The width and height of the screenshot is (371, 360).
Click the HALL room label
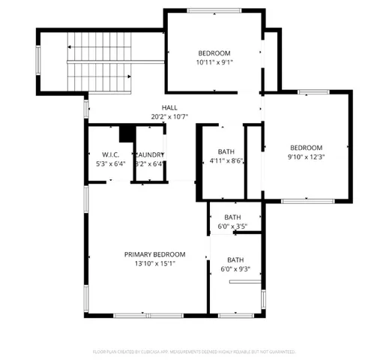coord(169,108)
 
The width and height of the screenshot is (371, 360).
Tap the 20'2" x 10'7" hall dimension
coord(169,117)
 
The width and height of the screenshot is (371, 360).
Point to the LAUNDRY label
coord(150,154)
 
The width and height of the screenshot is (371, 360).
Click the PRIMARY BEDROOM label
coord(154,254)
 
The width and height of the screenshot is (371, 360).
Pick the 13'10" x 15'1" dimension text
coord(154,263)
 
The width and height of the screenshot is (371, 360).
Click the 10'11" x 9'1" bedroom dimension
coord(214,62)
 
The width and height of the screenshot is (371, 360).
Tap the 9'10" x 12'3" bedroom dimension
coord(306,157)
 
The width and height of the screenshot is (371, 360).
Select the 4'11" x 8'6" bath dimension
coord(226,160)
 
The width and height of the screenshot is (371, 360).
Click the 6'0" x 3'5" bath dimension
coord(232,226)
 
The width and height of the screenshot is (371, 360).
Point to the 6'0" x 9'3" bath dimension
coord(236,268)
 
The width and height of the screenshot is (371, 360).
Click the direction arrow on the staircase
coord(70,46)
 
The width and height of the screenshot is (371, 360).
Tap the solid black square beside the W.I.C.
coord(126,133)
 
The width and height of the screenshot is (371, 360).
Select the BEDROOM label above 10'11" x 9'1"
coord(214,52)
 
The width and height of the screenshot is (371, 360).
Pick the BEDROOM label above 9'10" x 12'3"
coord(306,148)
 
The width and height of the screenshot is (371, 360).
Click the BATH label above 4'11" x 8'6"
coord(226,151)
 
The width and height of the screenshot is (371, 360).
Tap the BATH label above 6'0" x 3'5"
coord(232,217)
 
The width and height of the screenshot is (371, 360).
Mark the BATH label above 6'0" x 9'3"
coord(236,259)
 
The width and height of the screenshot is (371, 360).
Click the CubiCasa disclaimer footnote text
coord(193,351)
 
